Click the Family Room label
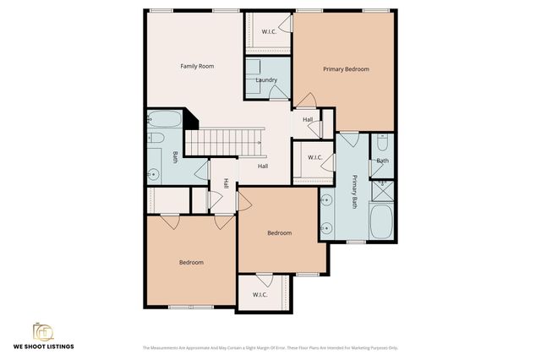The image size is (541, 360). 195,66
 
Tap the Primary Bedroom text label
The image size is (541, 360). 346,69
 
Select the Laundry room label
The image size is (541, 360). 266,80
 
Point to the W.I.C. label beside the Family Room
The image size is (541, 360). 269,31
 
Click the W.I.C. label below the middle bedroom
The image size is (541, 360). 259,294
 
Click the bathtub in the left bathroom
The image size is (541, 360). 163,120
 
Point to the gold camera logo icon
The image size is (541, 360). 42,330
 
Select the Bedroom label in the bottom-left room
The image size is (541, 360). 191,262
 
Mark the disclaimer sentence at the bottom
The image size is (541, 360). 270,347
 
